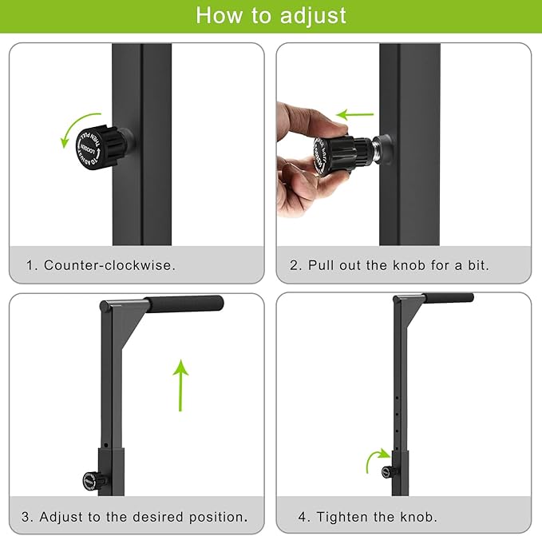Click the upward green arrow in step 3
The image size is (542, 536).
(181, 384)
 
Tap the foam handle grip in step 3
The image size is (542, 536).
(185, 304)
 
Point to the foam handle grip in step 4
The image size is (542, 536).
(448, 298)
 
